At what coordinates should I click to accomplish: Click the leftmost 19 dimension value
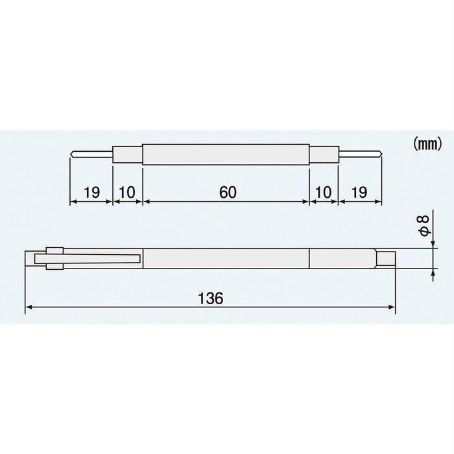(x=91, y=192)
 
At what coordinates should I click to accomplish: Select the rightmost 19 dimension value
(x=359, y=192)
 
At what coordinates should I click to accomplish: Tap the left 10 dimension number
(x=127, y=192)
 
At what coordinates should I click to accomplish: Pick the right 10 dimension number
(x=323, y=192)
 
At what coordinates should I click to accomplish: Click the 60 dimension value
(x=225, y=192)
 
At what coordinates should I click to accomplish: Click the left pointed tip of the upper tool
(x=73, y=154)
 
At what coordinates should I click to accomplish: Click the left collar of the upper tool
(x=128, y=155)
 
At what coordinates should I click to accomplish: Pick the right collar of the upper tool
(x=323, y=155)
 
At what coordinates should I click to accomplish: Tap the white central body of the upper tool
(x=225, y=155)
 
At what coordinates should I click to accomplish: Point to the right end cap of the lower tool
(x=387, y=258)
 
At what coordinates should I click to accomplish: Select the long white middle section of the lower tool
(x=225, y=258)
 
